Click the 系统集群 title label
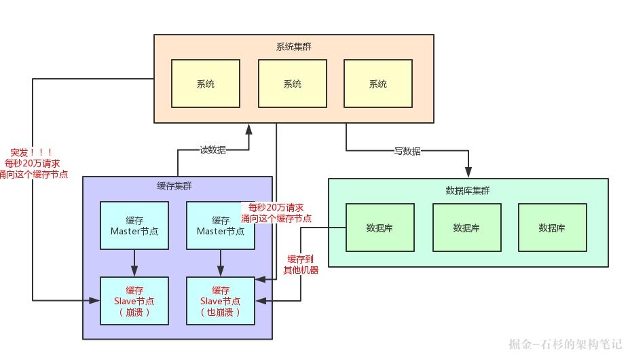click(294, 47)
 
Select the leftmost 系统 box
click(206, 84)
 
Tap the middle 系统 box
click(293, 84)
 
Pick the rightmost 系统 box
click(378, 84)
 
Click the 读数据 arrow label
click(212, 150)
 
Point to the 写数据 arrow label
click(407, 151)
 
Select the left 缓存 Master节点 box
click(134, 226)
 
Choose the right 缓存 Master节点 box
click(221, 226)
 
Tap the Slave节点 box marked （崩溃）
click(134, 301)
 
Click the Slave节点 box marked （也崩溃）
click(221, 301)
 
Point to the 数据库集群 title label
click(468, 190)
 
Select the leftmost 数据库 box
click(379, 228)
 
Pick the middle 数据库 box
click(466, 228)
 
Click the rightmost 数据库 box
click(552, 228)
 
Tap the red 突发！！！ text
click(31, 152)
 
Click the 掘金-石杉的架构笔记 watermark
click(565, 344)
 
